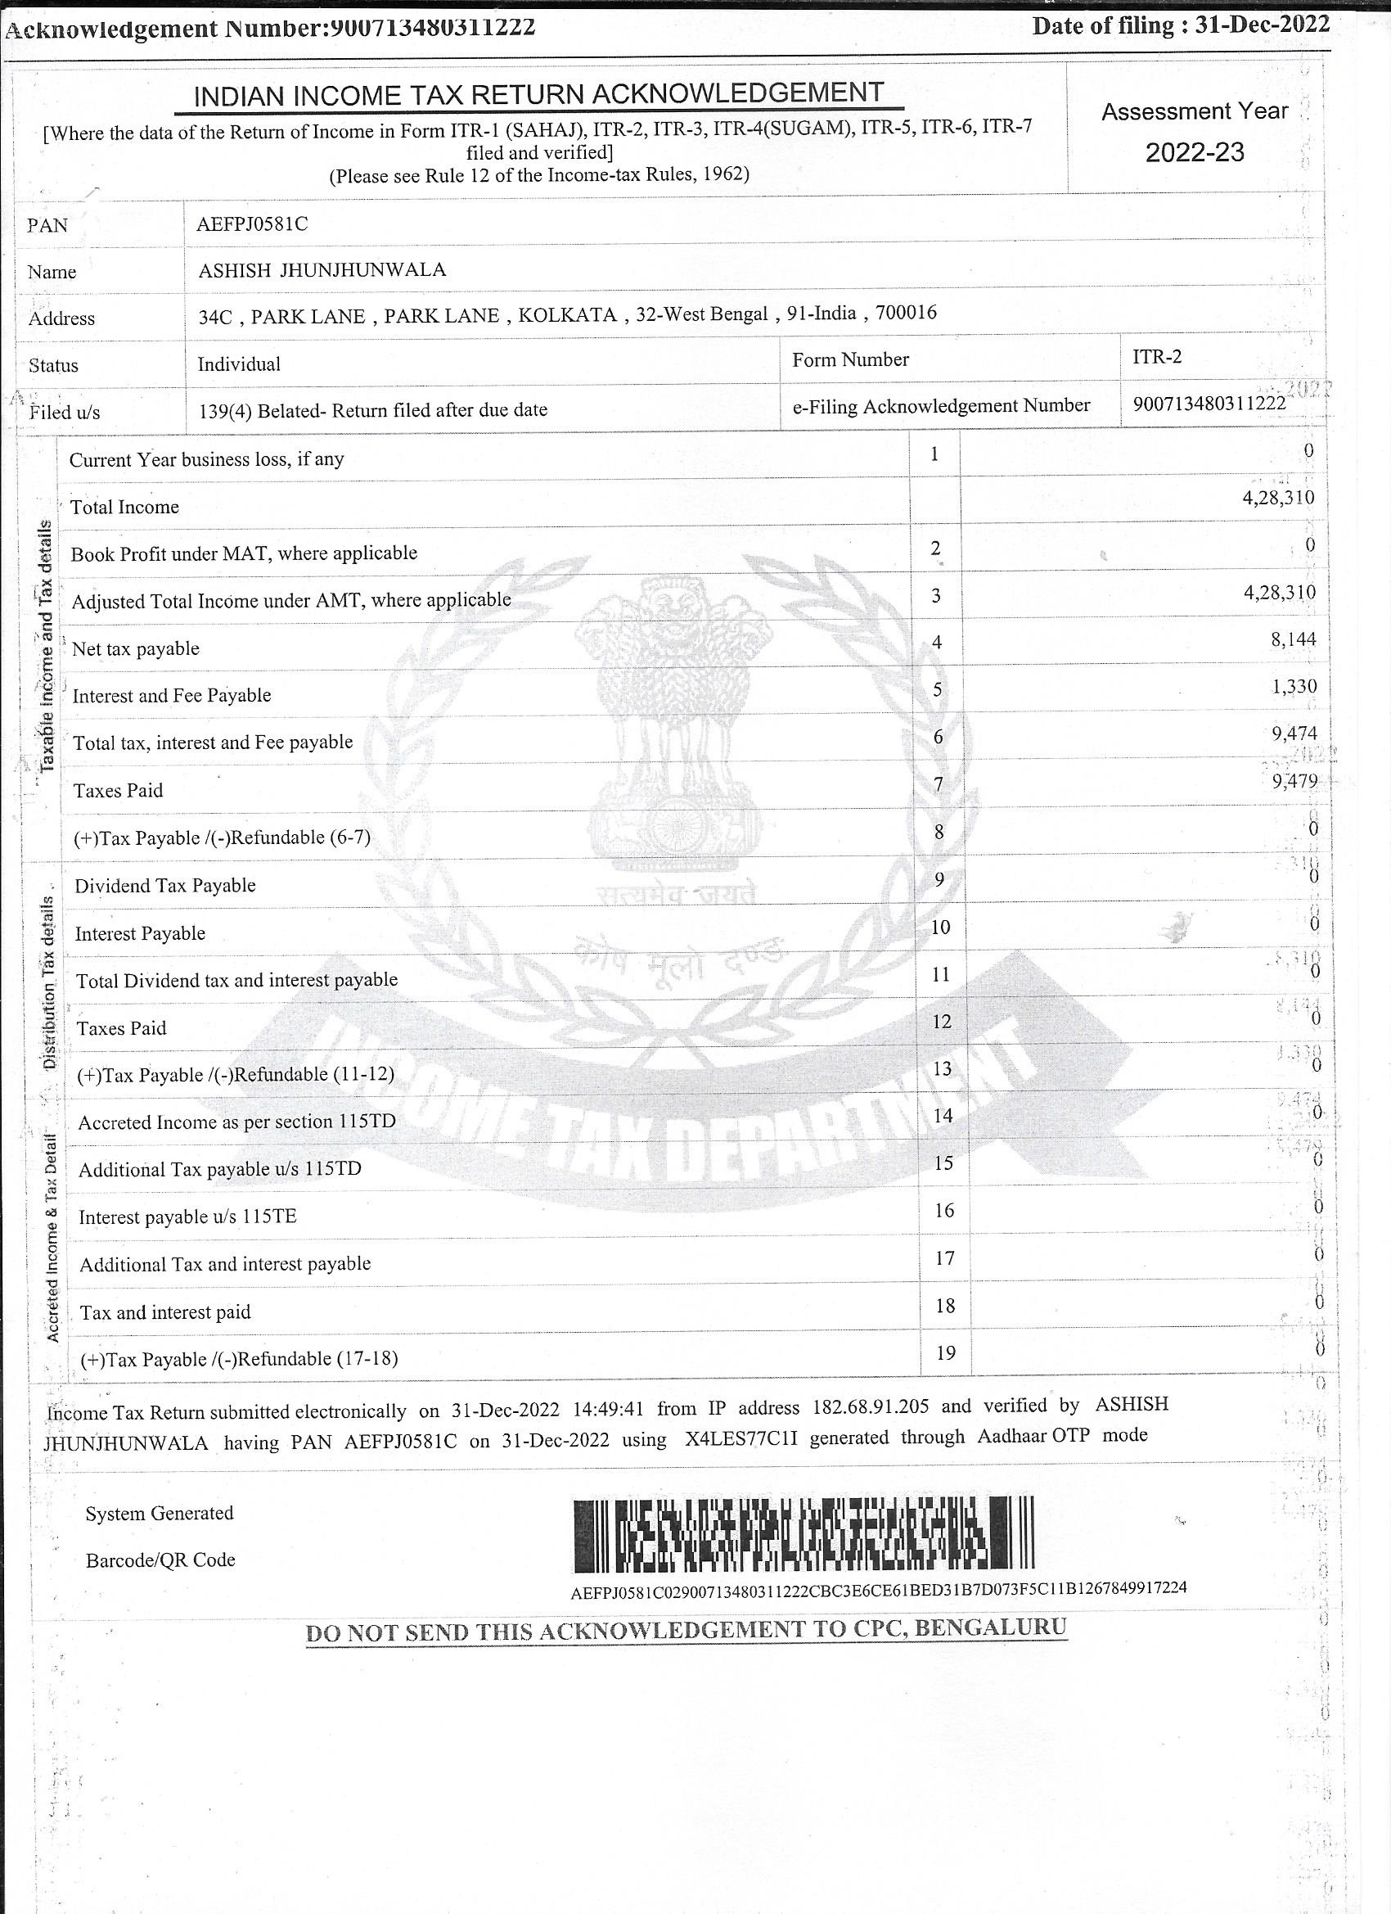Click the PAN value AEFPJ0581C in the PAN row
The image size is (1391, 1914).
click(252, 224)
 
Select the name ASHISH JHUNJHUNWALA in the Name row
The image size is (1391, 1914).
click(322, 270)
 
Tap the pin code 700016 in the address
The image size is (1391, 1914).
click(906, 313)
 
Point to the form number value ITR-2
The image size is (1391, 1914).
click(1156, 356)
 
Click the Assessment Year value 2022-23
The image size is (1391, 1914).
click(1195, 153)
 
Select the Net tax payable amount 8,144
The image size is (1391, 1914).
click(1293, 639)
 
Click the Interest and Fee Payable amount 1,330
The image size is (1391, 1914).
click(1294, 686)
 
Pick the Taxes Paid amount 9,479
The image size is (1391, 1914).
click(1294, 782)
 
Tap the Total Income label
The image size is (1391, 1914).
click(125, 508)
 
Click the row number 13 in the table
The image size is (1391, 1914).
click(942, 1069)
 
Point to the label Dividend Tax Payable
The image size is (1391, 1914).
click(165, 885)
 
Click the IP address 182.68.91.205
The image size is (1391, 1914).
click(871, 1406)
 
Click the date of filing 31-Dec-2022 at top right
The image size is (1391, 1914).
click(1262, 25)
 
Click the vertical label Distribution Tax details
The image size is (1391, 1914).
click(49, 983)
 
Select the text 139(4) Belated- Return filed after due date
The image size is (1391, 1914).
click(373, 410)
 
